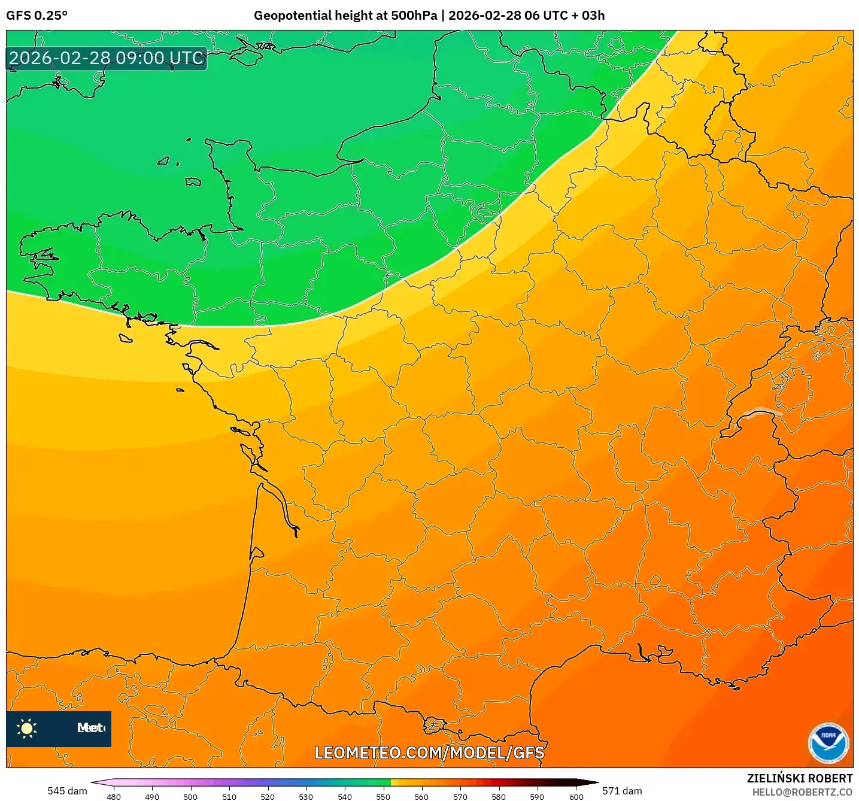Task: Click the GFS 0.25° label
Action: [37, 16]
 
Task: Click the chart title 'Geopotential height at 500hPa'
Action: [345, 16]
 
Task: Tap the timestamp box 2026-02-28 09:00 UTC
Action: [107, 59]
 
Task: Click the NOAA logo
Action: [828, 743]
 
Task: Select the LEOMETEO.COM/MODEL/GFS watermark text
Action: [429, 753]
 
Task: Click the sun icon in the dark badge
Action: [27, 728]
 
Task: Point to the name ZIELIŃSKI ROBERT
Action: [799, 778]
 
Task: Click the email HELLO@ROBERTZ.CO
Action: [802, 792]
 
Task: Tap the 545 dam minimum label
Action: [67, 791]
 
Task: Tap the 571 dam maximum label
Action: [622, 791]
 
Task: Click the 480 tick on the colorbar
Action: [114, 797]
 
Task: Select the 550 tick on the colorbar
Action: [383, 797]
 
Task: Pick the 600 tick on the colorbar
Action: [576, 797]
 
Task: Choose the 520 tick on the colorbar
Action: [268, 797]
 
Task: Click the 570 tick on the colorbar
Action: [460, 797]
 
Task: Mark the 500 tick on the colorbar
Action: [190, 797]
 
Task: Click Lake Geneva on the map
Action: [759, 412]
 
